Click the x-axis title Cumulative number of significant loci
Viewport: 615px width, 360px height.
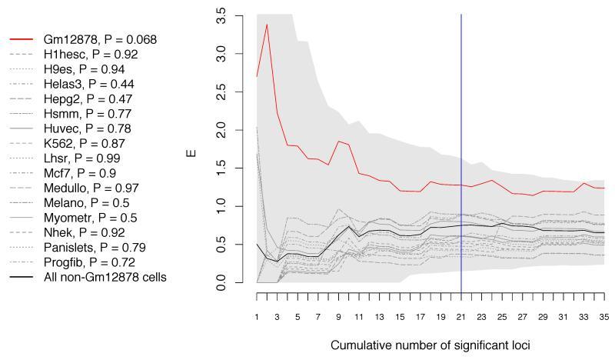430,346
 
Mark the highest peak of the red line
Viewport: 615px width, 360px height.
267,25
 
